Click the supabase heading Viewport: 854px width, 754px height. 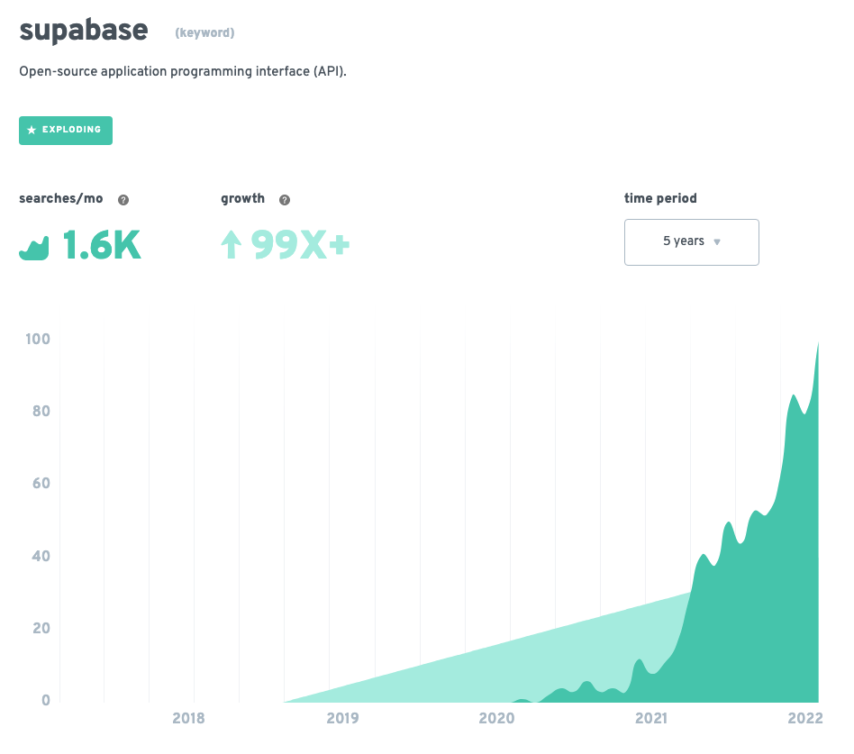pyautogui.click(x=83, y=30)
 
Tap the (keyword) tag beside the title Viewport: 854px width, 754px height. pyautogui.click(x=204, y=33)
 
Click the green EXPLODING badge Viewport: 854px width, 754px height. pyautogui.click(x=66, y=130)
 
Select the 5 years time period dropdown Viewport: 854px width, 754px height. pyautogui.click(x=691, y=241)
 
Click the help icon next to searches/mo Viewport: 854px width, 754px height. pyautogui.click(x=123, y=200)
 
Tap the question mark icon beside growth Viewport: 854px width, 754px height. pyautogui.click(x=285, y=200)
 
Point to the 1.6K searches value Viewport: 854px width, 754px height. pyautogui.click(x=101, y=245)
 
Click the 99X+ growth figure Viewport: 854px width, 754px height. pyautogui.click(x=300, y=245)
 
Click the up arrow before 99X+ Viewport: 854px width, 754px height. pyautogui.click(x=232, y=245)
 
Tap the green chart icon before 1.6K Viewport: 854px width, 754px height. pyautogui.click(x=33, y=249)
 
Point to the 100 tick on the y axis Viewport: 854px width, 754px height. pyautogui.click(x=38, y=340)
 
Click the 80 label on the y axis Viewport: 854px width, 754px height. pyautogui.click(x=41, y=412)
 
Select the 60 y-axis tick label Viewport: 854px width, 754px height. pyautogui.click(x=41, y=484)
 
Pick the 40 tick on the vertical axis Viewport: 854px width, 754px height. pyautogui.click(x=41, y=556)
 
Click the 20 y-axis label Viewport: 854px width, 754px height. pyautogui.click(x=41, y=628)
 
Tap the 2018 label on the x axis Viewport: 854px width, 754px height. pyautogui.click(x=187, y=719)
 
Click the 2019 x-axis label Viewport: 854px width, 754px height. pyautogui.click(x=342, y=719)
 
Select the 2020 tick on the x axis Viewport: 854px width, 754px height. pyautogui.click(x=496, y=719)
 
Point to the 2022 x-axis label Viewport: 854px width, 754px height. pyautogui.click(x=804, y=719)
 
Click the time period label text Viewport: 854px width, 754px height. pyautogui.click(x=660, y=198)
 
